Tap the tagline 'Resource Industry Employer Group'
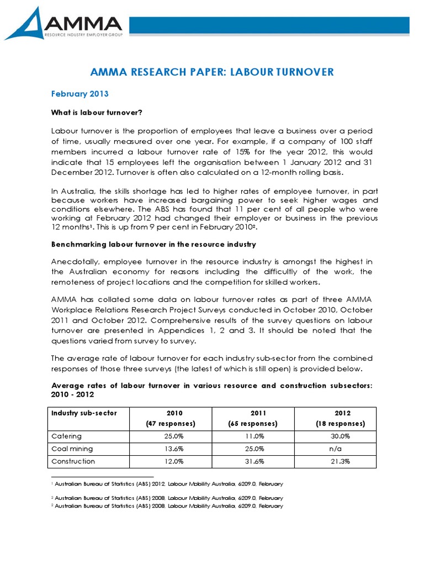click(x=83, y=34)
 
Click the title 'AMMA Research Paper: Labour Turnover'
click(x=212, y=72)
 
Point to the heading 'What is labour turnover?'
click(x=97, y=113)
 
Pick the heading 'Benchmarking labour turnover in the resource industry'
click(x=153, y=244)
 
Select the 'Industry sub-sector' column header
click(x=84, y=413)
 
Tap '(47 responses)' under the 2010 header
click(x=171, y=424)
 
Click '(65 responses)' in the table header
click(x=253, y=424)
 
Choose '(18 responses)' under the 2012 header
click(x=340, y=424)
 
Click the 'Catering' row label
click(x=66, y=436)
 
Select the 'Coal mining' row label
click(x=72, y=449)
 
